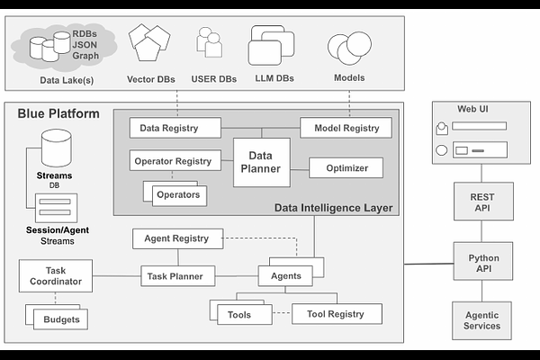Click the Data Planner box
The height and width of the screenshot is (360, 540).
[x=262, y=162]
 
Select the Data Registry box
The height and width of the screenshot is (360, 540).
[x=175, y=128]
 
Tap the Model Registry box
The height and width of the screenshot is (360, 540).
[x=346, y=128]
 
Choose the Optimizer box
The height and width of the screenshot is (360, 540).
[x=346, y=167]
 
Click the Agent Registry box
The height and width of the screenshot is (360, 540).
[x=177, y=238]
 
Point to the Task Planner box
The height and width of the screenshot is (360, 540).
[x=177, y=276]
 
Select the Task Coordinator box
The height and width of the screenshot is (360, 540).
[x=56, y=275]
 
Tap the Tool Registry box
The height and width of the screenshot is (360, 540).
[x=336, y=314]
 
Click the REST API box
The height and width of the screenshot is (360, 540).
[x=481, y=203]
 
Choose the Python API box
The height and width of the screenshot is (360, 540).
[x=482, y=263]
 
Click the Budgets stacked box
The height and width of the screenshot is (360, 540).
[x=60, y=319]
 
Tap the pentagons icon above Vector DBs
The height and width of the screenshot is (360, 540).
[x=148, y=41]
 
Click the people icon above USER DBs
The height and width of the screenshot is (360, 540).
[x=209, y=42]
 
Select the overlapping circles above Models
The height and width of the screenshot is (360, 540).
[x=348, y=47]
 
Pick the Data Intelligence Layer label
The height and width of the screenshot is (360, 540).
[x=333, y=208]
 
